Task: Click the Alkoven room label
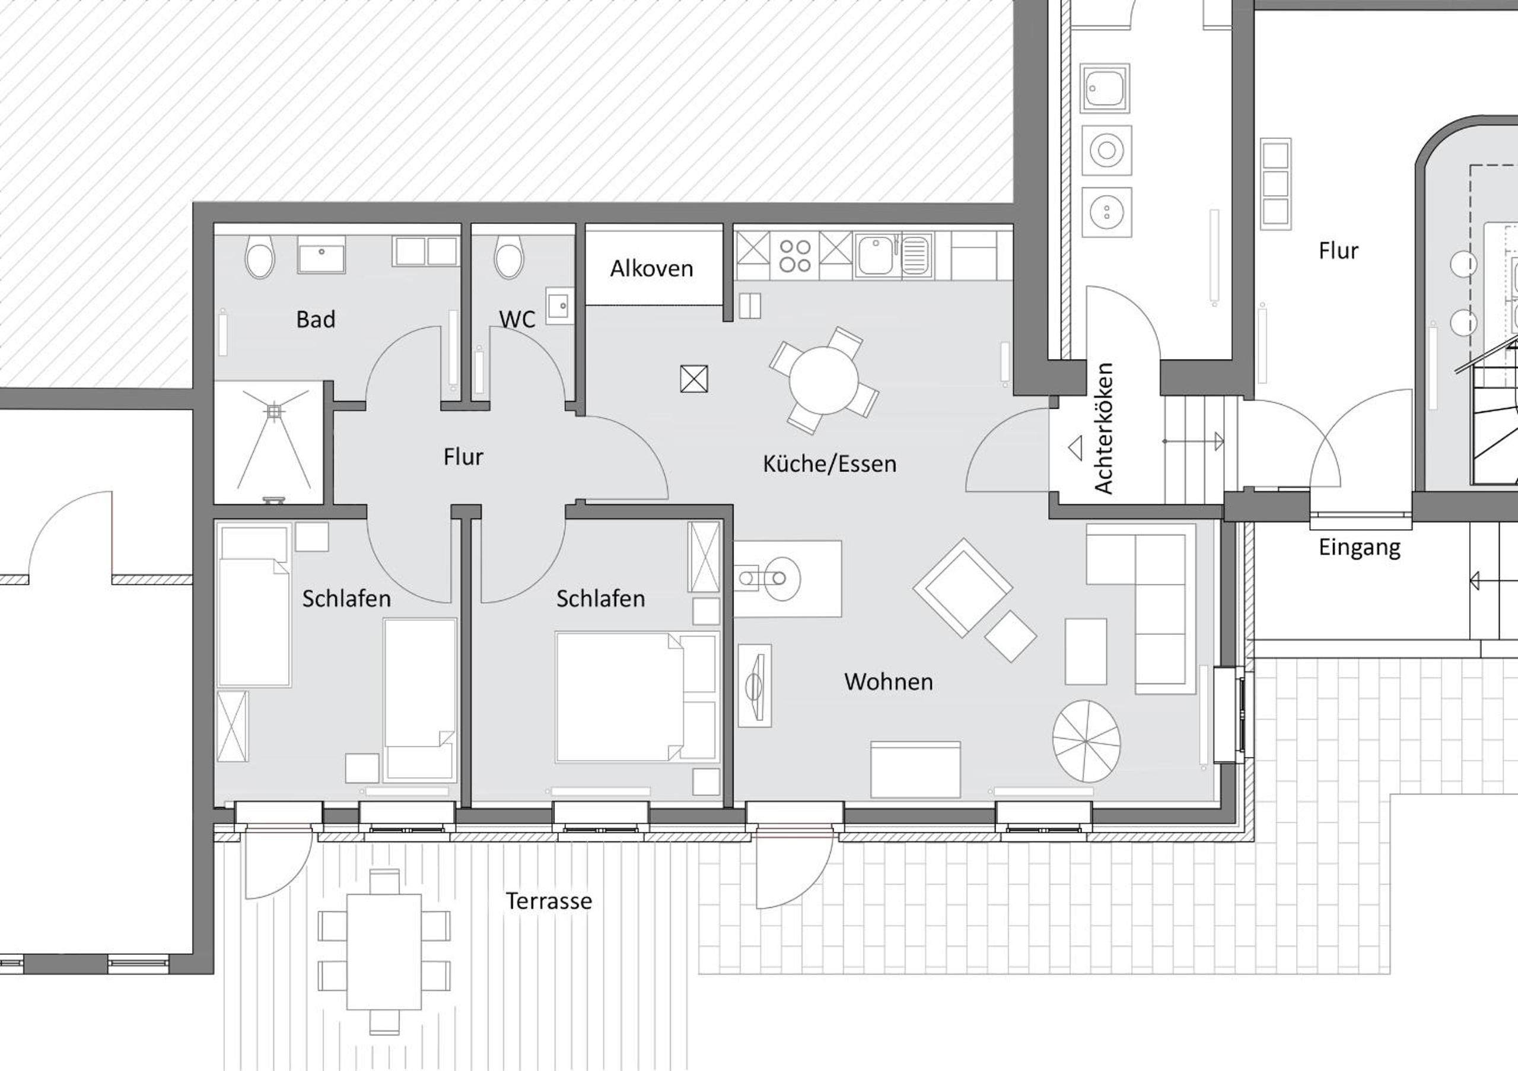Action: coord(651,269)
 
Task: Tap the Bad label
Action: coord(316,319)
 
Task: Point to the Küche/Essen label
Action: coord(830,464)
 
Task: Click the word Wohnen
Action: coord(889,682)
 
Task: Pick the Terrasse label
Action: coord(549,901)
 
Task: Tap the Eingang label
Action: coord(1360,548)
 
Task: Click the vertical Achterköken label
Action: coord(1103,428)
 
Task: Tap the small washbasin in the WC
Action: coord(559,306)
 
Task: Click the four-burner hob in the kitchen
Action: coord(795,256)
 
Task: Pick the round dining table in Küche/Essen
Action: coord(823,381)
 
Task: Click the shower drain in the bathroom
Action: coord(273,411)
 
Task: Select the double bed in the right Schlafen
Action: coord(636,697)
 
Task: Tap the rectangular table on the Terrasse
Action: coord(384,952)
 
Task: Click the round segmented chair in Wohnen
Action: coord(1086,742)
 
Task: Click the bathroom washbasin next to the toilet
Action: coord(322,255)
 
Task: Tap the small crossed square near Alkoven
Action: coord(694,379)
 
